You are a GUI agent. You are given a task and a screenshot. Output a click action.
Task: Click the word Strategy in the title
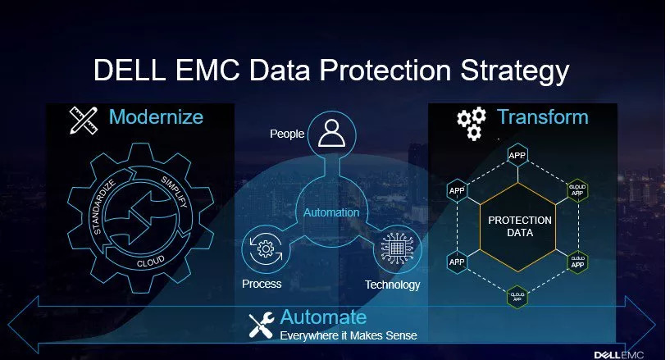pos(514,71)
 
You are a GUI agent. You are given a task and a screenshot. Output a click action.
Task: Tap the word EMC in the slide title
pos(207,69)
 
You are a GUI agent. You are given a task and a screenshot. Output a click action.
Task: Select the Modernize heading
pos(156,116)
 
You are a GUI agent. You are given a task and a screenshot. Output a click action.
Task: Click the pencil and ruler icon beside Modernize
pos(84,120)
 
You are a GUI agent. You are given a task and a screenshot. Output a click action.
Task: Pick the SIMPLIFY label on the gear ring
pos(175,192)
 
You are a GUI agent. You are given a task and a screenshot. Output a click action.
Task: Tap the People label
pos(287,134)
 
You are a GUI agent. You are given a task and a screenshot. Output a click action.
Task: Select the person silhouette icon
pos(331,133)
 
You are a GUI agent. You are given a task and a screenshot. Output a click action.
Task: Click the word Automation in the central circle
pos(331,212)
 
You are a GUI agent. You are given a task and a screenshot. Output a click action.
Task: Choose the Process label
pos(262,284)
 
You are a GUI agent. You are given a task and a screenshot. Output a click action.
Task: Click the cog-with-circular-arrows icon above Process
pos(266,249)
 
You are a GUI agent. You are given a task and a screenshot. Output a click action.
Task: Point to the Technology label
pos(392,285)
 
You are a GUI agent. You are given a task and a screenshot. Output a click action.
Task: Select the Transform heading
pos(543,116)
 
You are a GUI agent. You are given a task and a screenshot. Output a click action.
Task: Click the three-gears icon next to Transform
pos(472,123)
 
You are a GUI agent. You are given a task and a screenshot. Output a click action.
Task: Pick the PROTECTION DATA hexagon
pos(518,227)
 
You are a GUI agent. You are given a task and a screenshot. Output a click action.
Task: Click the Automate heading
pos(323,317)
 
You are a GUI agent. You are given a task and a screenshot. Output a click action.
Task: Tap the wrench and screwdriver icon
pos(262,326)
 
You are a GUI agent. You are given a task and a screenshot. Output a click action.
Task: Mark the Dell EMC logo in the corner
pos(618,355)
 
